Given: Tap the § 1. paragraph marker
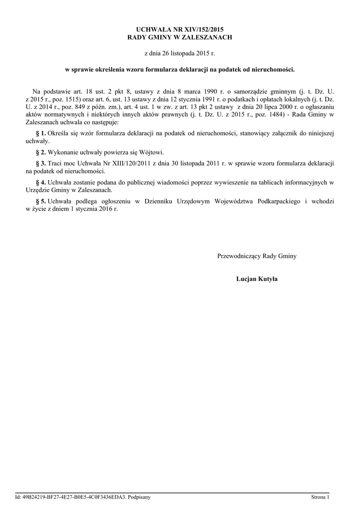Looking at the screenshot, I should pyautogui.click(x=41, y=134).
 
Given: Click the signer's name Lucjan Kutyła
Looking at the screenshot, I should pyautogui.click(x=257, y=279).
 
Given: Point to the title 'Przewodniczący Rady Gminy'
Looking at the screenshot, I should pyautogui.click(x=257, y=256).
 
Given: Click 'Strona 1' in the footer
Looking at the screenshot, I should pyautogui.click(x=320, y=497).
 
